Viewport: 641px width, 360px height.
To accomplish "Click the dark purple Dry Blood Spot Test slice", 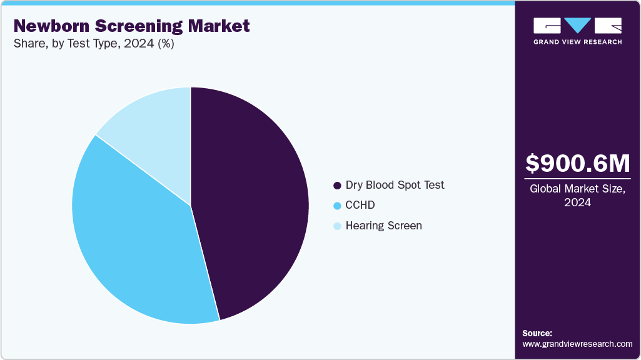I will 256,200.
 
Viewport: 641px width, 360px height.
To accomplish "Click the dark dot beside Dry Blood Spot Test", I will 338,186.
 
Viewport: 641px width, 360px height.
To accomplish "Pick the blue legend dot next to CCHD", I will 338,206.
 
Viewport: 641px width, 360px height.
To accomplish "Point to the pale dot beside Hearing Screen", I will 338,226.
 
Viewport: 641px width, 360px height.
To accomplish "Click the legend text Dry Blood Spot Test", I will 395,185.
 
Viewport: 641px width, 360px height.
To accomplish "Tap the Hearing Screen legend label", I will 383,225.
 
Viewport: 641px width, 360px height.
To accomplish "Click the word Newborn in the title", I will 48,26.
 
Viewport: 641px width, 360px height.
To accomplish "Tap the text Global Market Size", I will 577,189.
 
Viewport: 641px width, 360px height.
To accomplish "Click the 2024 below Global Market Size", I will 577,202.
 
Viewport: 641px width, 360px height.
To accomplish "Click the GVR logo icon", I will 577,26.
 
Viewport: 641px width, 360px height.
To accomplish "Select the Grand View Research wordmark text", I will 577,42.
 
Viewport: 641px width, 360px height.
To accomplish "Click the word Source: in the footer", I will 537,333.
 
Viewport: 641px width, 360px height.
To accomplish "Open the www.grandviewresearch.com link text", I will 577,344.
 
